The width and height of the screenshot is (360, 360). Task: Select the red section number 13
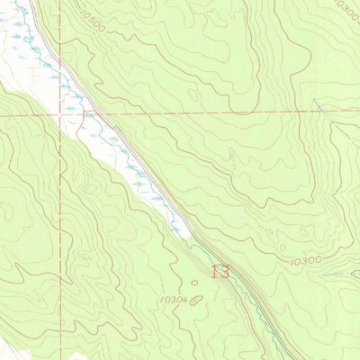click(220, 272)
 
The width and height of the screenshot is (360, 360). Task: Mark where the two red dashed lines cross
click(62, 114)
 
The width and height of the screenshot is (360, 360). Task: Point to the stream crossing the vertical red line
click(62, 107)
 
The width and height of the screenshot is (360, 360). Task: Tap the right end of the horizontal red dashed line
click(358, 110)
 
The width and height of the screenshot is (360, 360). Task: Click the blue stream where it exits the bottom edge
click(270, 358)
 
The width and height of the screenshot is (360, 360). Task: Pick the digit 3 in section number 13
click(225, 272)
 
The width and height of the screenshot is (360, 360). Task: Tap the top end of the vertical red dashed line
click(62, 1)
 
